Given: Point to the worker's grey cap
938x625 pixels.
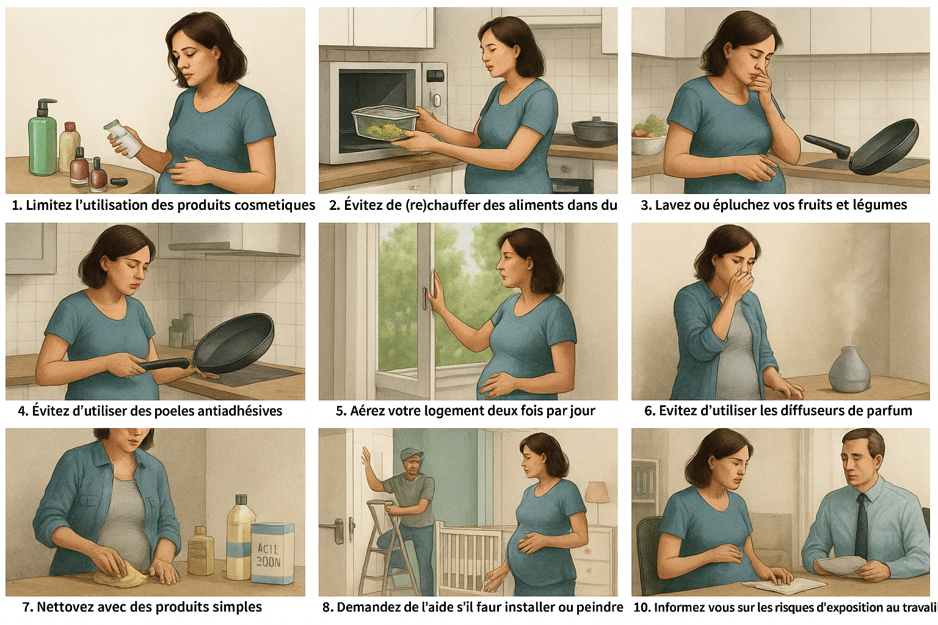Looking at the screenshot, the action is point(412,453).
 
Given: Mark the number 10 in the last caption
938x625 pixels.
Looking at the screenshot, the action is point(642,607).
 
